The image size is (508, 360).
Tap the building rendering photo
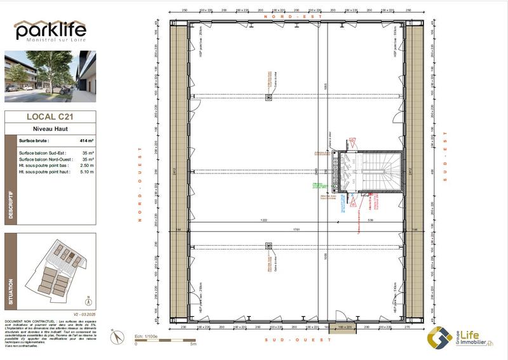point(50,76)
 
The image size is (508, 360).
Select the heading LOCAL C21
point(50,116)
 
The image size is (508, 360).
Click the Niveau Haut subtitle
point(49,128)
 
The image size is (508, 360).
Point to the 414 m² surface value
point(86,140)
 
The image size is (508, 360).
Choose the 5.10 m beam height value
point(87,172)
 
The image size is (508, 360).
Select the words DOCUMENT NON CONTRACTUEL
point(24,322)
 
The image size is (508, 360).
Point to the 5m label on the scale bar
point(193,343)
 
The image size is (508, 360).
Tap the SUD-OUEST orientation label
point(298,340)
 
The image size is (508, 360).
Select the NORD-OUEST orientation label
point(138,183)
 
